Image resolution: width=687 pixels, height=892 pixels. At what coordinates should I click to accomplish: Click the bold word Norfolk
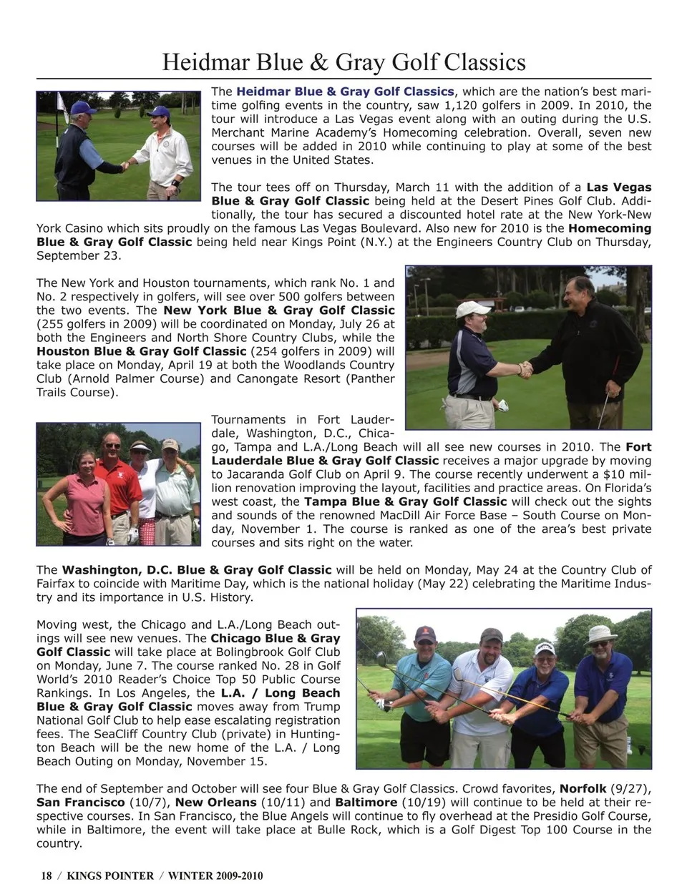pyautogui.click(x=583, y=789)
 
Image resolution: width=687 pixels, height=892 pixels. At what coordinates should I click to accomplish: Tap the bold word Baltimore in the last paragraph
pyautogui.click(x=366, y=803)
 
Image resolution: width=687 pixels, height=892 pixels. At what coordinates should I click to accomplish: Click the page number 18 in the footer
pyautogui.click(x=47, y=876)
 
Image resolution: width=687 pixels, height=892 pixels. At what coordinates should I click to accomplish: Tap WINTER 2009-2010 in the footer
pyautogui.click(x=215, y=876)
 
